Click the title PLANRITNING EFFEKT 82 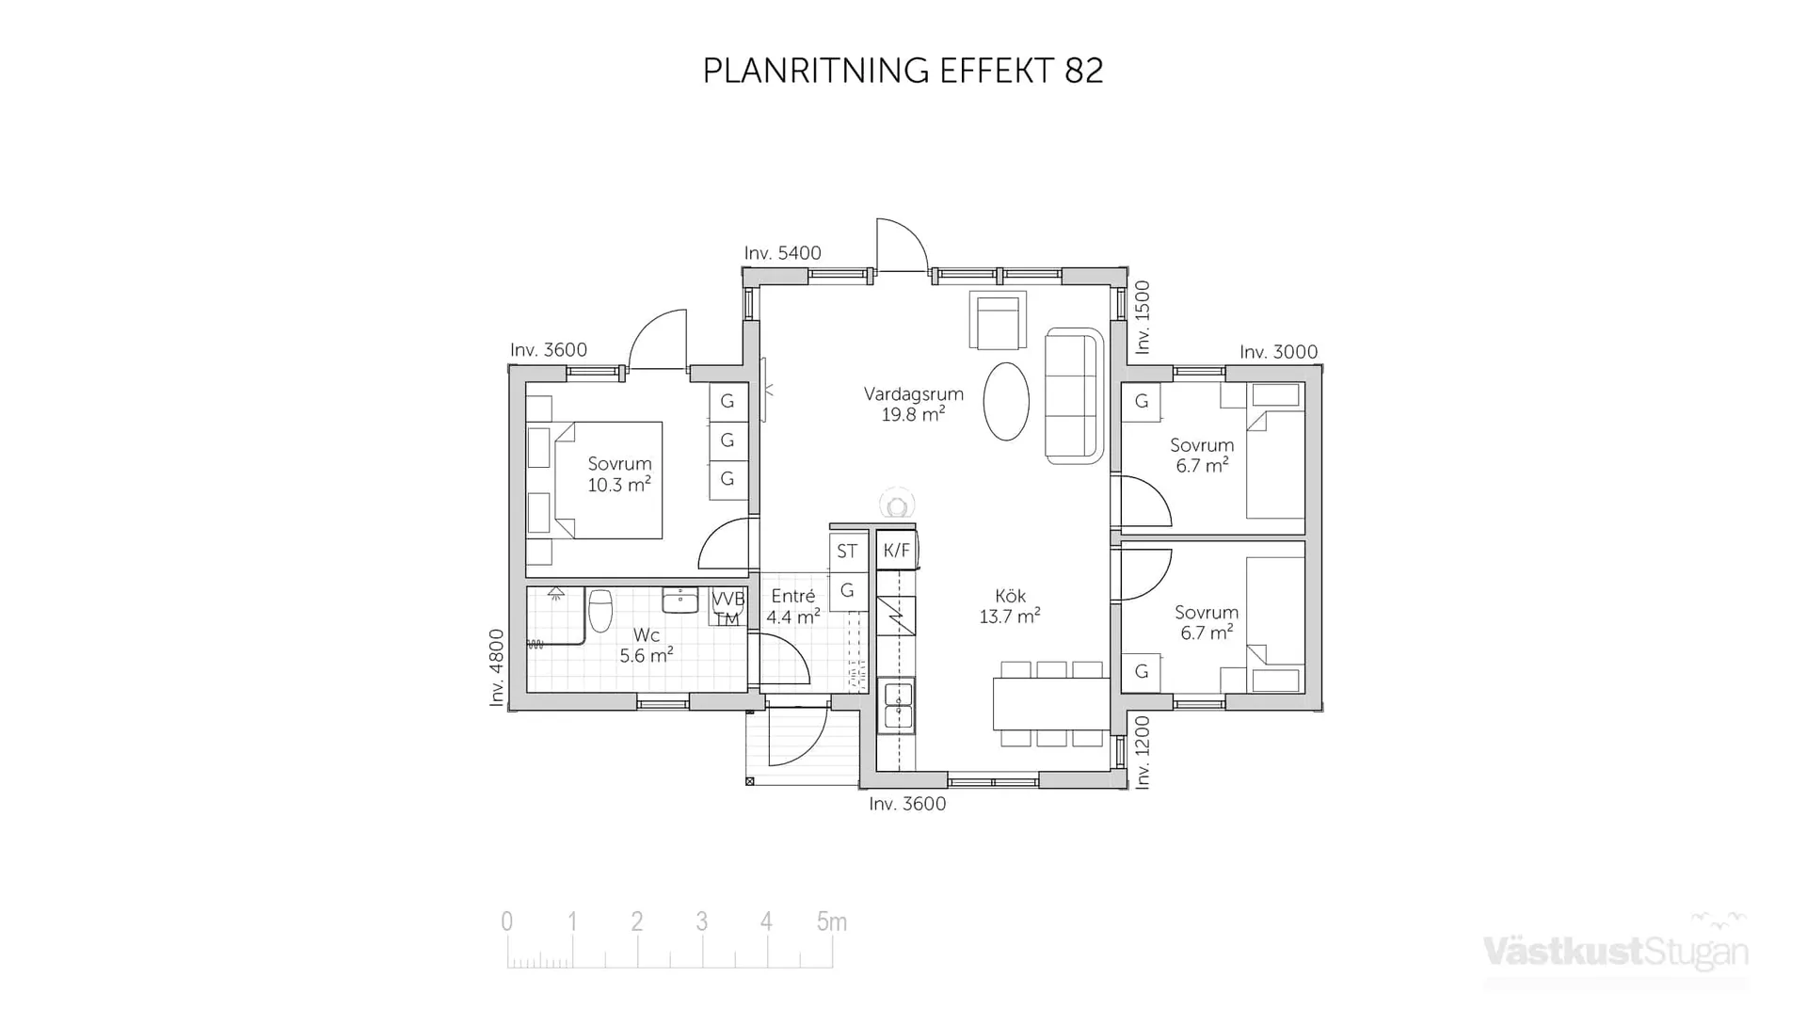pyautogui.click(x=903, y=71)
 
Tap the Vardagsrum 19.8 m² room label pyautogui.click(x=913, y=404)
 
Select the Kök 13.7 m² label pyautogui.click(x=1010, y=606)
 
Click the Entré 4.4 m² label pyautogui.click(x=792, y=606)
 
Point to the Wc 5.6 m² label pyautogui.click(x=646, y=646)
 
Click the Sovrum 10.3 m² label pyautogui.click(x=619, y=474)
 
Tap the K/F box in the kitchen pyautogui.click(x=897, y=551)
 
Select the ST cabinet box pyautogui.click(x=847, y=552)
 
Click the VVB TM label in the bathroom pyautogui.click(x=728, y=608)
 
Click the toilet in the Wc pyautogui.click(x=600, y=610)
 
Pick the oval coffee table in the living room pyautogui.click(x=1006, y=402)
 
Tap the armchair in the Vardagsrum pyautogui.click(x=998, y=320)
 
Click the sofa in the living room pyautogui.click(x=1073, y=396)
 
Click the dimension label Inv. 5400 pyautogui.click(x=782, y=253)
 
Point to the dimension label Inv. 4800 pyautogui.click(x=497, y=667)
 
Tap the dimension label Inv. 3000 pyautogui.click(x=1278, y=352)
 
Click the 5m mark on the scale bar pyautogui.click(x=831, y=922)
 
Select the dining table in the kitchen pyautogui.click(x=1050, y=704)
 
